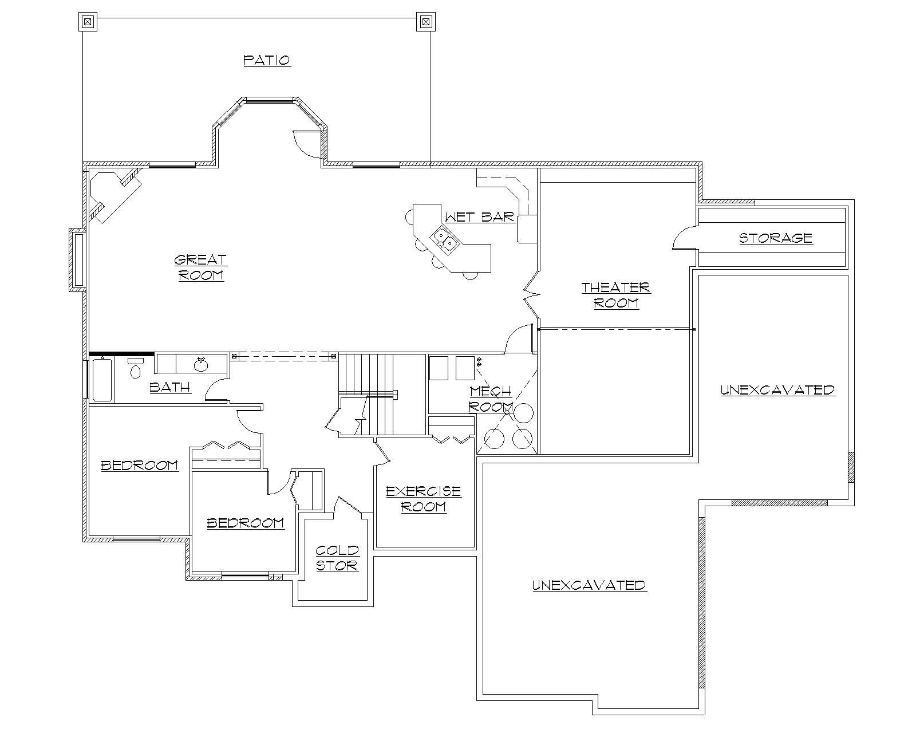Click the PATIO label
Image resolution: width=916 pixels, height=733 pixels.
(x=267, y=60)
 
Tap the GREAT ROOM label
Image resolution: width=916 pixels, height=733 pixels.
(x=201, y=267)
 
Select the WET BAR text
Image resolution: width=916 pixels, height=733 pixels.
(x=480, y=217)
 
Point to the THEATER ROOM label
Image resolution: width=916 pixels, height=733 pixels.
(x=616, y=295)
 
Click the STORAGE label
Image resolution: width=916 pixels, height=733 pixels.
(x=776, y=238)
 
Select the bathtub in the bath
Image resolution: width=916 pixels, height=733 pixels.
(x=102, y=379)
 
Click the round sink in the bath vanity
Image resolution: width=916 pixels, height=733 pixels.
(x=200, y=365)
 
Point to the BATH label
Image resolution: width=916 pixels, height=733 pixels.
(x=170, y=387)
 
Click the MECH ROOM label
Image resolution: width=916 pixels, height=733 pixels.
(x=491, y=399)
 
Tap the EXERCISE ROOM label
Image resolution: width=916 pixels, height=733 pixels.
(x=424, y=499)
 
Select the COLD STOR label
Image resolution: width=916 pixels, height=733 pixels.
(x=337, y=558)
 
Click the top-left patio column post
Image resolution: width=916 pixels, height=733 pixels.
(x=87, y=22)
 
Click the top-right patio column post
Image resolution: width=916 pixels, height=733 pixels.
(x=425, y=22)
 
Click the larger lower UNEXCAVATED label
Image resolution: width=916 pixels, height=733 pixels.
(x=589, y=585)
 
